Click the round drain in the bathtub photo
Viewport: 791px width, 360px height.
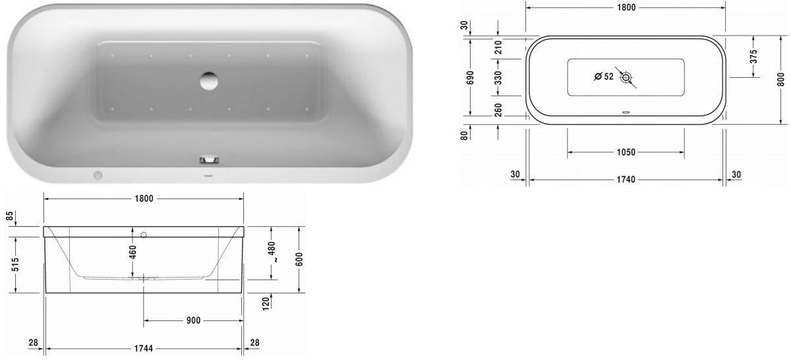tap(210, 80)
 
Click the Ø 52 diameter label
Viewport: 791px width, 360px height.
tap(603, 76)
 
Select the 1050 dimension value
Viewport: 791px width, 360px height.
tap(626, 152)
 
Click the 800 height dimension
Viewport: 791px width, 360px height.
tap(780, 80)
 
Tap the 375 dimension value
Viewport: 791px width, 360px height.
tap(753, 57)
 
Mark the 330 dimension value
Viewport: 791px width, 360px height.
tap(498, 78)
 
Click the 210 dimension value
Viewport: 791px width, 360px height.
tap(498, 47)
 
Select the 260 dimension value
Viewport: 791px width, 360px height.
tap(498, 109)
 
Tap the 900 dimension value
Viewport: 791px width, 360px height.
tap(193, 320)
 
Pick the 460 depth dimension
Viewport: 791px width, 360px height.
tap(132, 253)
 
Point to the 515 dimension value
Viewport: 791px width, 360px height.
tap(15, 264)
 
